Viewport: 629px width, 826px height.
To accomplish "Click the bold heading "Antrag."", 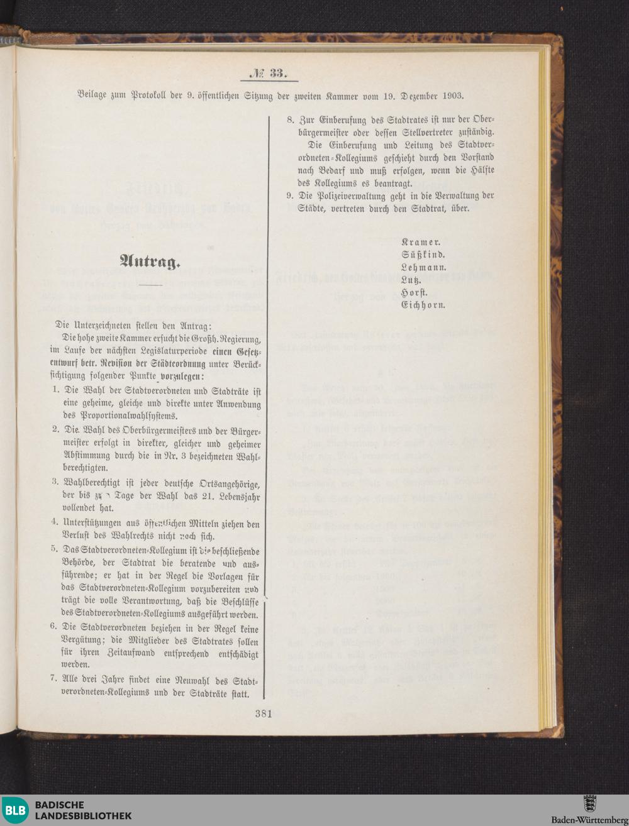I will [x=150, y=261].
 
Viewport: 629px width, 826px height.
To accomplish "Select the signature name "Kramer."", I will [x=421, y=241].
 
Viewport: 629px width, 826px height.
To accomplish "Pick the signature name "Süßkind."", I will [x=423, y=255].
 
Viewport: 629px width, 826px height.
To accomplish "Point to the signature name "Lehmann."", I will [x=424, y=267].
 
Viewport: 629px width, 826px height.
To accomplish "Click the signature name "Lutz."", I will [x=411, y=280].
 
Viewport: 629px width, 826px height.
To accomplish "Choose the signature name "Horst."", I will [x=415, y=292].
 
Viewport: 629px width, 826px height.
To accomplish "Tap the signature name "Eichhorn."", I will [x=424, y=305].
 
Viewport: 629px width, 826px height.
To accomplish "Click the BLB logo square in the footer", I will [x=16, y=810].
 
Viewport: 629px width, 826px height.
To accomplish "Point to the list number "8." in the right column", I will [x=290, y=119].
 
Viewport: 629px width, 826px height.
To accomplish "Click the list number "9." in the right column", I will [x=290, y=195].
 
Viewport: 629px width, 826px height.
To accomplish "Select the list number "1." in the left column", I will [x=56, y=391].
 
